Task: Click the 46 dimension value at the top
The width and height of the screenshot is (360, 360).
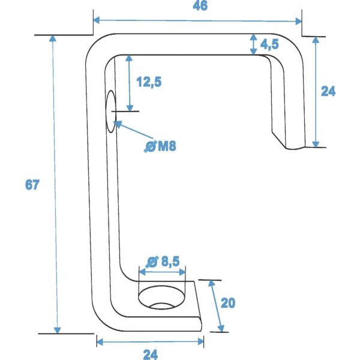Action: [197, 7]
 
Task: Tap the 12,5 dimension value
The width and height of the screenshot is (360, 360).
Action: [149, 82]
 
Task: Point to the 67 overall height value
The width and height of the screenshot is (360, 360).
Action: [32, 185]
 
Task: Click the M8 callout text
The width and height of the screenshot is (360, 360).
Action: [166, 146]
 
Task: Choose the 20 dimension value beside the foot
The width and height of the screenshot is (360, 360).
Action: [227, 303]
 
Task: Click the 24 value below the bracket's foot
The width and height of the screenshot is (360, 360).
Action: [151, 354]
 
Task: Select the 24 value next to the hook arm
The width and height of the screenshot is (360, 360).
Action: [328, 91]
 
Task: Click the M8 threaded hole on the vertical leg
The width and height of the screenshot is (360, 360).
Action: [110, 112]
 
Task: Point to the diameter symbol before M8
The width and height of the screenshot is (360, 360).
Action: [150, 146]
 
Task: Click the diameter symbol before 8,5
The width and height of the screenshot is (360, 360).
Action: [152, 262]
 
